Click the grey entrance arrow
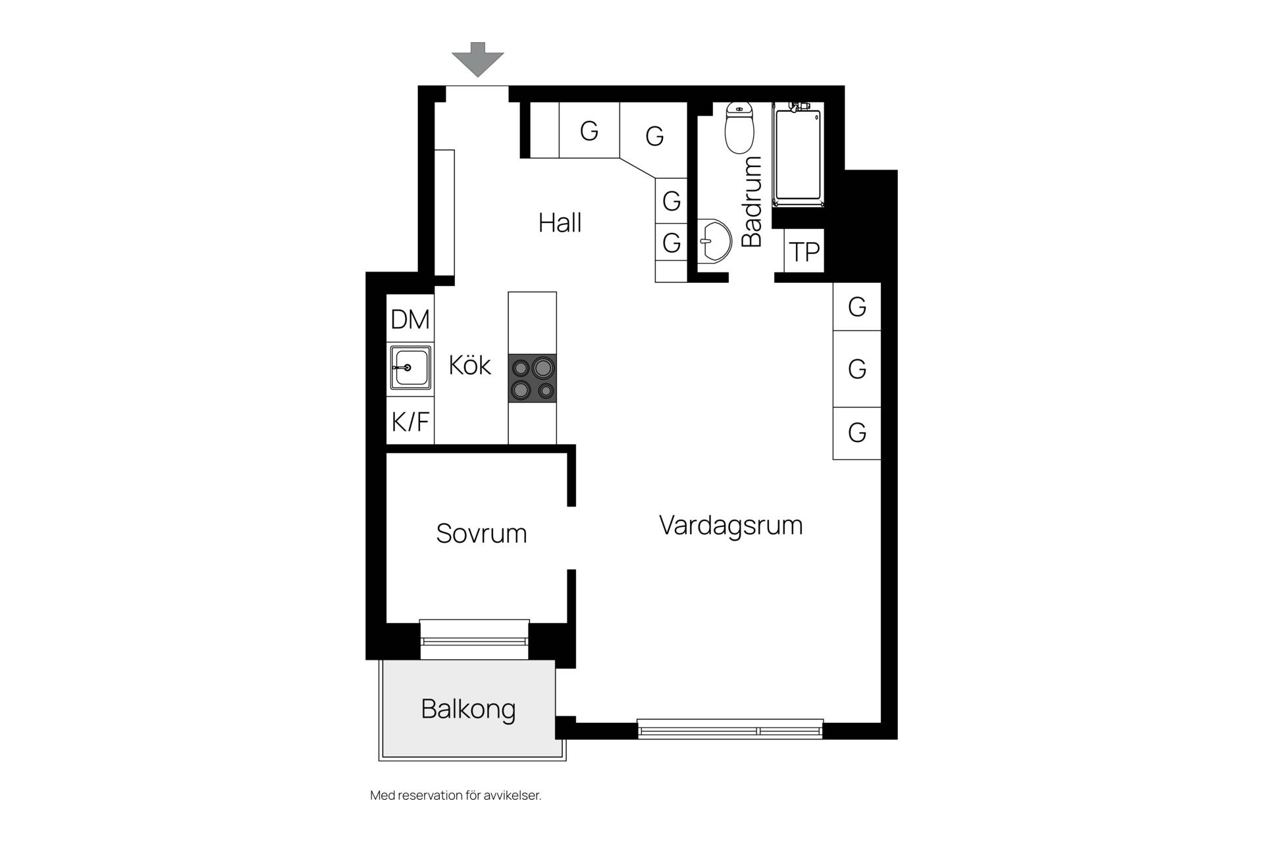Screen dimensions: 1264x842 (477, 59)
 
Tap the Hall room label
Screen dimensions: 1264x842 (560, 223)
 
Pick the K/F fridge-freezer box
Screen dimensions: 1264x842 (410, 420)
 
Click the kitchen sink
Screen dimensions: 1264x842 (410, 368)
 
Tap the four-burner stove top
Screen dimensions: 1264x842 (532, 378)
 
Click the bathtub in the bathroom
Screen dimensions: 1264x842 (799, 155)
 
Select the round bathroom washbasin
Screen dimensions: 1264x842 (714, 240)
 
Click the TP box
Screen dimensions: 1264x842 (804, 251)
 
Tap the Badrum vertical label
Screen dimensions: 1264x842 (751, 201)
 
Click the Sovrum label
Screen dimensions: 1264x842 (481, 533)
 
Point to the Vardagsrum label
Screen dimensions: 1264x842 (731, 526)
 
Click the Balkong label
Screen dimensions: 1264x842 (468, 709)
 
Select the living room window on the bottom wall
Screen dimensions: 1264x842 (730, 729)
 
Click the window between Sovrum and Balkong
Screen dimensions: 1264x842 (474, 639)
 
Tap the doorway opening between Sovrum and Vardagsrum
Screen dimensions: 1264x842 (571, 538)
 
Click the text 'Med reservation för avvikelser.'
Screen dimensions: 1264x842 (456, 795)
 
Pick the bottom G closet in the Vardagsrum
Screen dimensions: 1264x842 (856, 433)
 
